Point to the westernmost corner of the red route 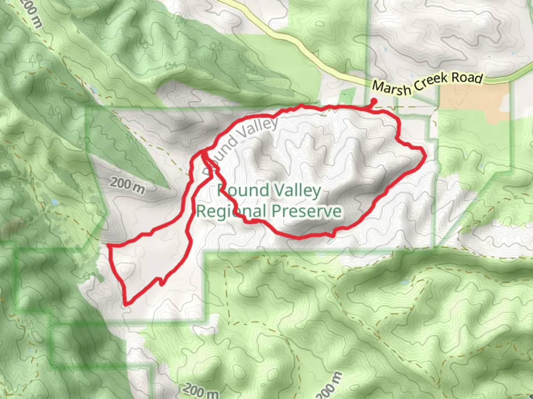108,245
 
